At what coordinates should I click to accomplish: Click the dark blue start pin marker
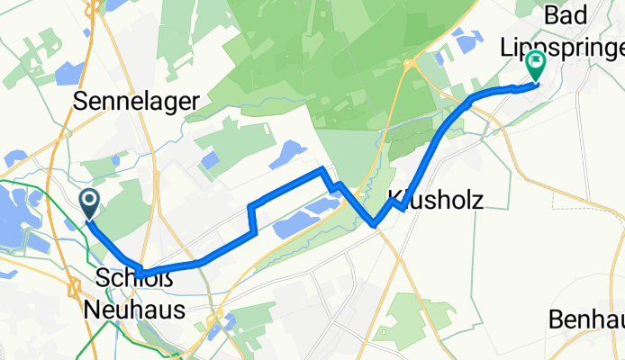[x=91, y=202]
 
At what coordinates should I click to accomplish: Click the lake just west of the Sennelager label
[x=68, y=70]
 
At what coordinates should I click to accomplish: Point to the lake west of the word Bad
[x=467, y=40]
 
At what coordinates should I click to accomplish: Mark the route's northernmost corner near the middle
[x=322, y=169]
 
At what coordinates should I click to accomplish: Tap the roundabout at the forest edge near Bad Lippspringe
[x=410, y=64]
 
